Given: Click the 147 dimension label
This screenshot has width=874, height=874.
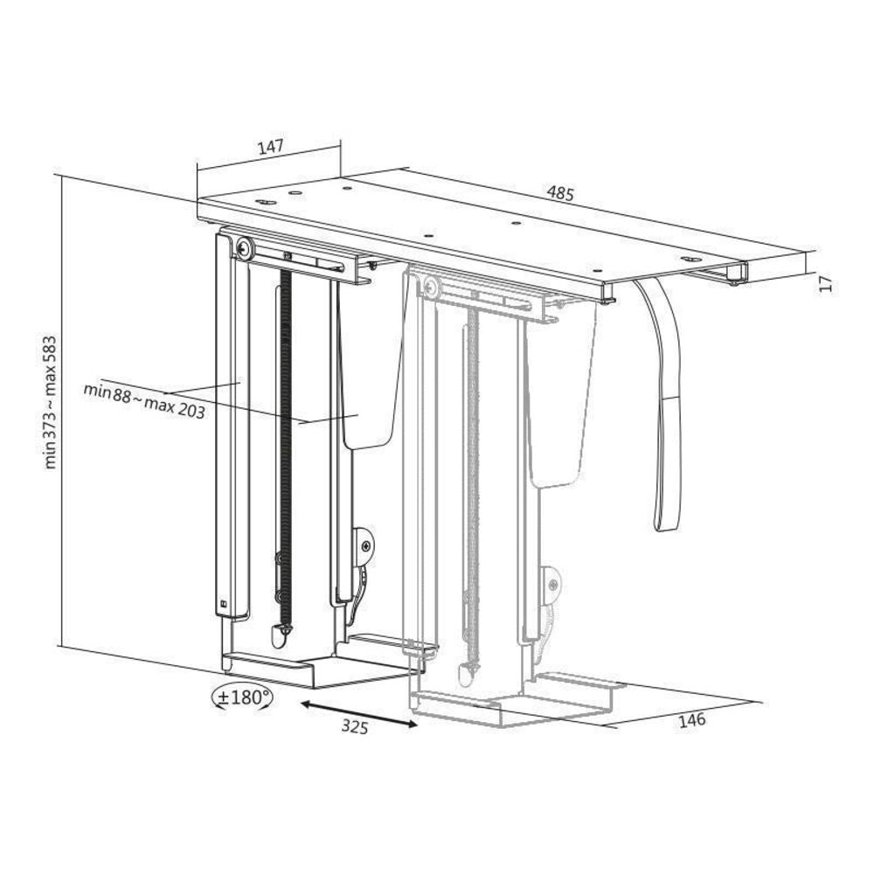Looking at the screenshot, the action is point(270,147).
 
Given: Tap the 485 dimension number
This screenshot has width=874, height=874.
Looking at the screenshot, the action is point(559,193).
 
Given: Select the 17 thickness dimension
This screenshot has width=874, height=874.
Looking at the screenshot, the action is point(827,282).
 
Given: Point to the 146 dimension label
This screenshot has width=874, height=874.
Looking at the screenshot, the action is point(691,720).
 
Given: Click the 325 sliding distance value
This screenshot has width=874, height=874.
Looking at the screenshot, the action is point(355,727).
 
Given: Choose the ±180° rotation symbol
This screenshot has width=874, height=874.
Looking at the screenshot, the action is point(243,697).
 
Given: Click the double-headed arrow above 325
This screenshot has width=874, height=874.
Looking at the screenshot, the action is point(359,713).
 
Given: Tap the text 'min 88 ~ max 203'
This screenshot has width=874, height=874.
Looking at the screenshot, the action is point(144,400).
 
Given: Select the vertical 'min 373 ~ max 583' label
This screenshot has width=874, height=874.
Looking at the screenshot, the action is point(51,402).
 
